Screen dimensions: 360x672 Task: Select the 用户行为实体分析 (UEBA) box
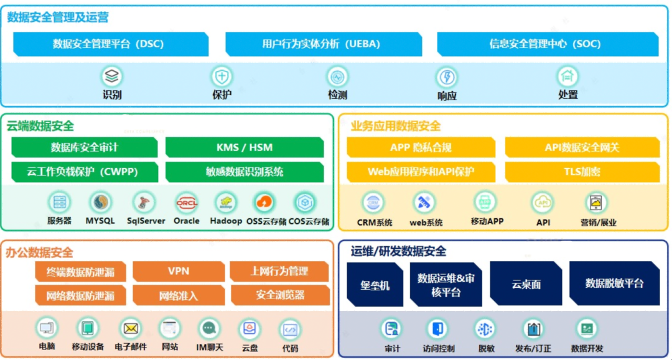pos(320,44)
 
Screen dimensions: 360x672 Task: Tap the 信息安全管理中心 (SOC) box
pos(545,44)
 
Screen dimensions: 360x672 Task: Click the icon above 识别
pos(112,77)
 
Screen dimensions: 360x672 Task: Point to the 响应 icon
pos(446,78)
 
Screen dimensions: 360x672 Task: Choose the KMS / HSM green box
pos(245,147)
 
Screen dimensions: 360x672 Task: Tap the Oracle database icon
pos(187,203)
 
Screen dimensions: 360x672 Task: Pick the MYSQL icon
pos(100,203)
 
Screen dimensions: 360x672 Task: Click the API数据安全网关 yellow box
pos(582,147)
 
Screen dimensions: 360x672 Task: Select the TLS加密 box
pos(582,172)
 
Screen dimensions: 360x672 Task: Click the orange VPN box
pos(179,271)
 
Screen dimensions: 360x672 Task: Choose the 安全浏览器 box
pos(280,295)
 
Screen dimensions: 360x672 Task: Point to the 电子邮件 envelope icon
pos(131,328)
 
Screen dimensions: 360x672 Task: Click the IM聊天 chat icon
pos(209,328)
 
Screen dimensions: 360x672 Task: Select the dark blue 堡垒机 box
pos(375,284)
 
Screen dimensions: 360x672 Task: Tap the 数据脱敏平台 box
pos(614,283)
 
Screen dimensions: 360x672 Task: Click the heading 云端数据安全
pos(40,126)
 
